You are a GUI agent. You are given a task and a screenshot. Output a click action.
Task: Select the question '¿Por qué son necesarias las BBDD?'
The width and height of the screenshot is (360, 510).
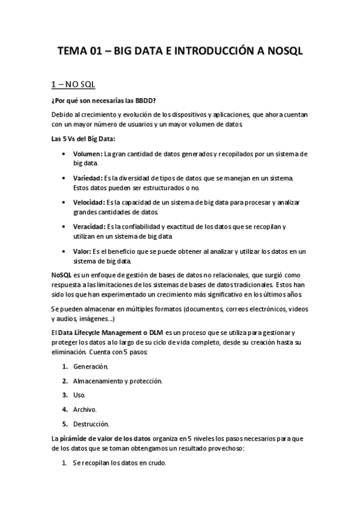104,100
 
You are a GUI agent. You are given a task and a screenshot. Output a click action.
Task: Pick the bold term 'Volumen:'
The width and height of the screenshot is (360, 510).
88,155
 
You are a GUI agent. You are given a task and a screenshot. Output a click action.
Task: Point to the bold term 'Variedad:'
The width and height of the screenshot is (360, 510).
88,178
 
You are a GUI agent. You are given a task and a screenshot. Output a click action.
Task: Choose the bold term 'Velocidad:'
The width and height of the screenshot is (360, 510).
88,202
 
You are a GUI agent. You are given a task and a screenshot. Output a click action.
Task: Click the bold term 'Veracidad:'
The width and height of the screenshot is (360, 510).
89,226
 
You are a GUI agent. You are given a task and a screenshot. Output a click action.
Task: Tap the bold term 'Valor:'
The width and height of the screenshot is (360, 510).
82,250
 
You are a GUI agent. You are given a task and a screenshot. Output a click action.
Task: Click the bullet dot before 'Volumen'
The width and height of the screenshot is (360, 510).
64,155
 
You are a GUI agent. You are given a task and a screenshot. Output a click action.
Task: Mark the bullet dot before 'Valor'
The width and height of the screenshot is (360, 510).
64,250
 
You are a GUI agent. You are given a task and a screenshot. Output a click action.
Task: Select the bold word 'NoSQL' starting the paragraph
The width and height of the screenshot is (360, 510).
62,274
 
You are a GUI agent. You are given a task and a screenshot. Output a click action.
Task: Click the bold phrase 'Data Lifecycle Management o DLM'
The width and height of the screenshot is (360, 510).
111,332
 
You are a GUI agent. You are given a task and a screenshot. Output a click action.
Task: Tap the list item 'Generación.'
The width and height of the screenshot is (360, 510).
91,366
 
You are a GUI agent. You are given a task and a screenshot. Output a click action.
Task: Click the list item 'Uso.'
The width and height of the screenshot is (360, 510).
79,395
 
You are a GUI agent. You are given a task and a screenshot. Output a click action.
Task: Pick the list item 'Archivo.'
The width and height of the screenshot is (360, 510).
85,410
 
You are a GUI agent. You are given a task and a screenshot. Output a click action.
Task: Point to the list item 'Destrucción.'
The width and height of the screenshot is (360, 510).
91,423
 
